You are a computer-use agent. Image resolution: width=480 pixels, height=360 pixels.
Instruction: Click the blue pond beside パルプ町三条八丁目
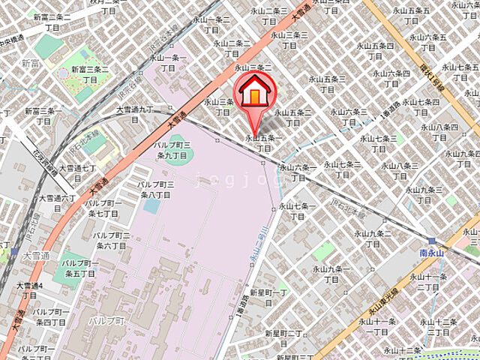point(151,204)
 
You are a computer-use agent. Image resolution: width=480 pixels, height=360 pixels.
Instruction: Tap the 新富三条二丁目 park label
point(89,73)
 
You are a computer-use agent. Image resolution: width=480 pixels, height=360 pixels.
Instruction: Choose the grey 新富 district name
point(31,64)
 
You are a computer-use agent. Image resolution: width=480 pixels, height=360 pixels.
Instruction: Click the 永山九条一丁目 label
point(331,274)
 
